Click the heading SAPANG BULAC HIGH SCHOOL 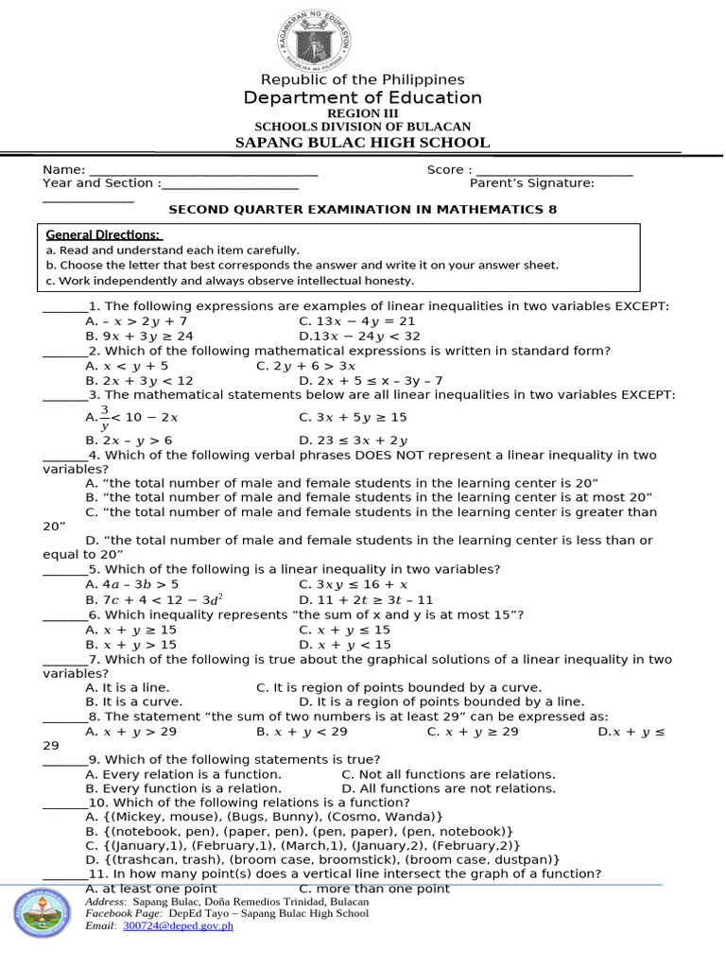[x=362, y=143]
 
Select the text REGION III [x=363, y=113]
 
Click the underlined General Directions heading [x=104, y=234]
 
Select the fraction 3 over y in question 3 [x=104, y=417]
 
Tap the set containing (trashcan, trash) [x=322, y=859]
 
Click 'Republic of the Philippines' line [x=363, y=80]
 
